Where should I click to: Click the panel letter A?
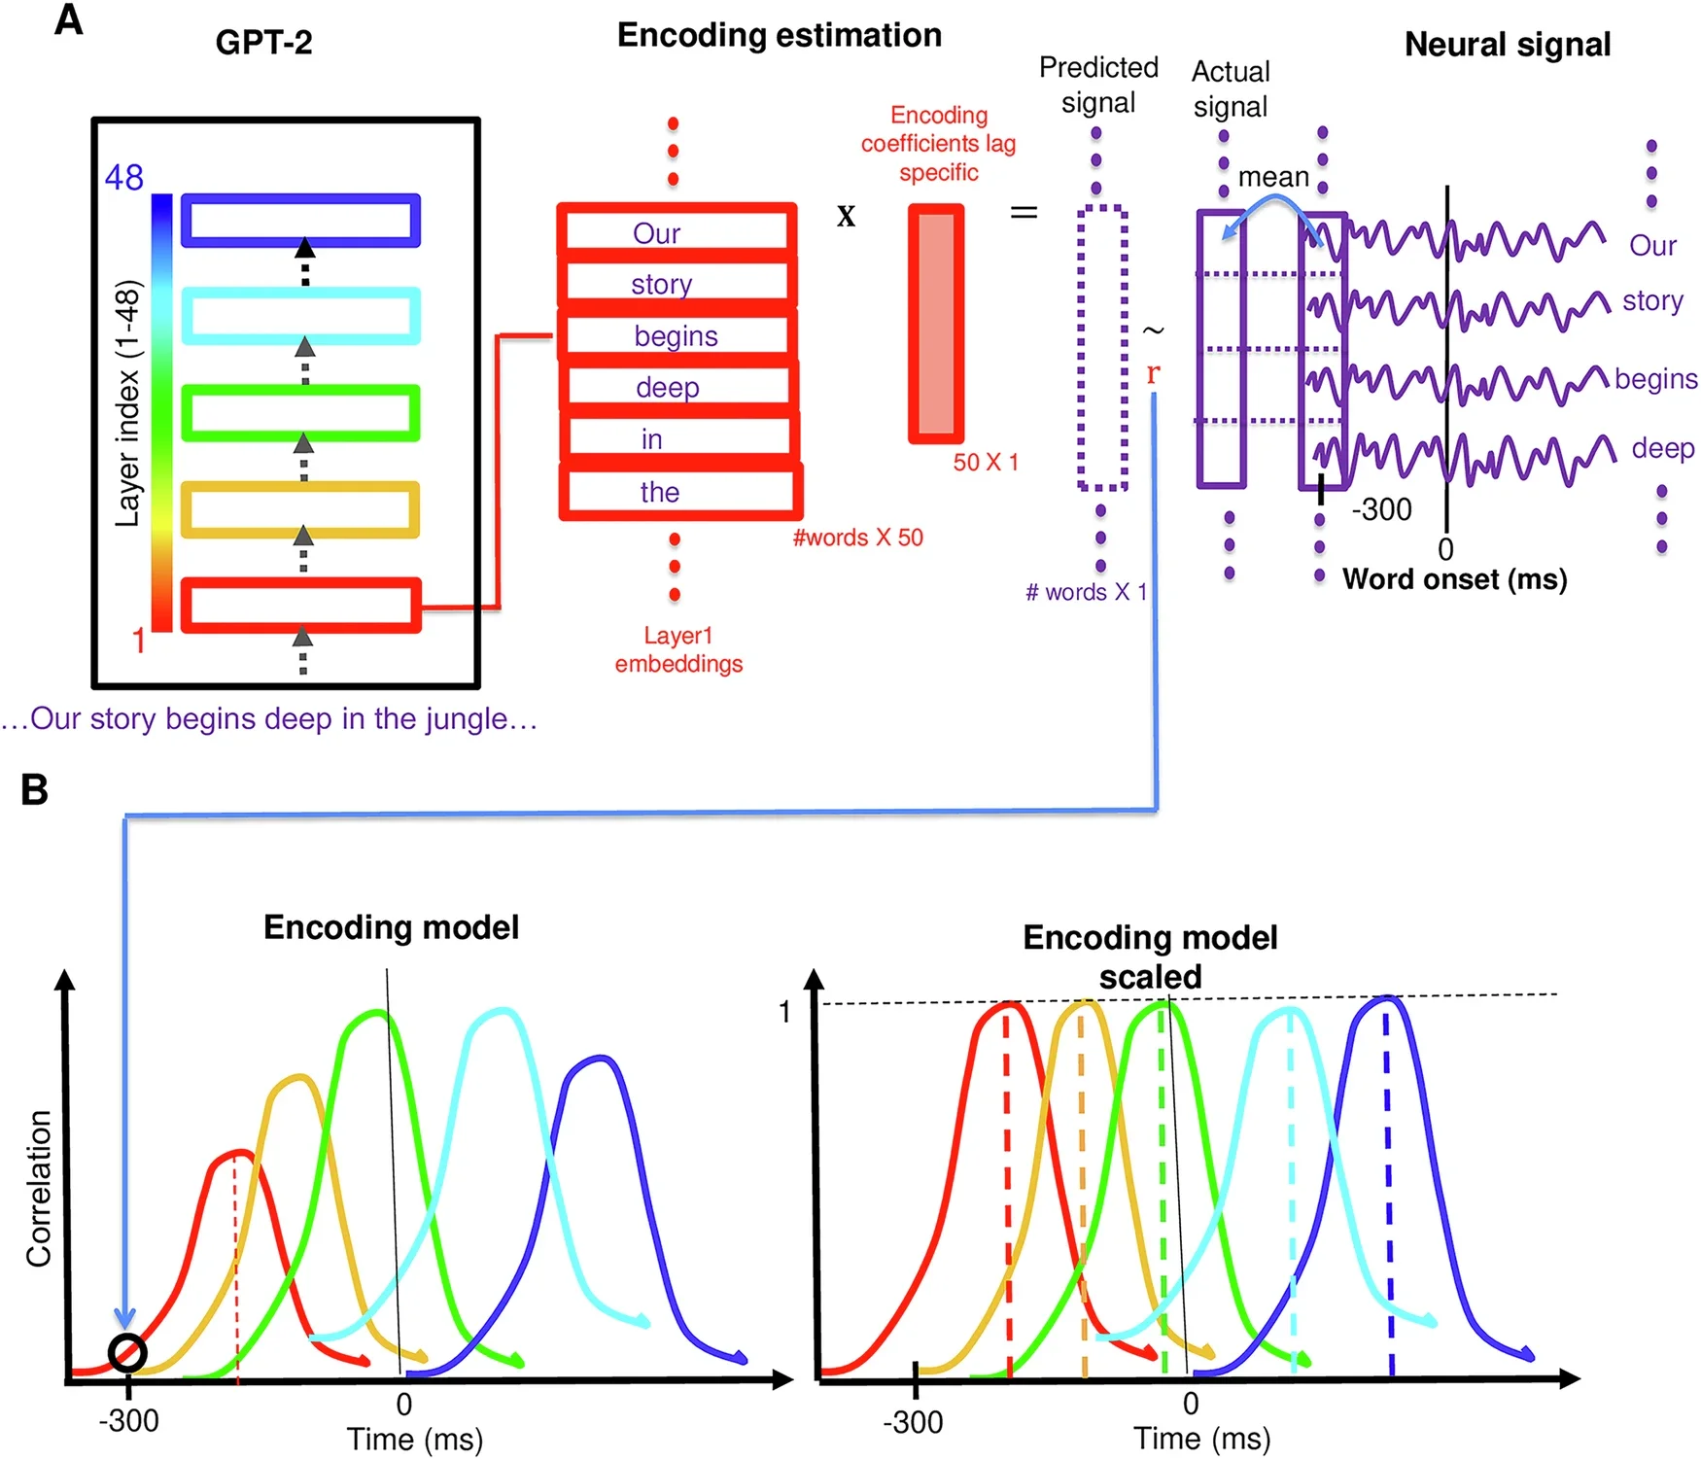68,19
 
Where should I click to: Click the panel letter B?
35,789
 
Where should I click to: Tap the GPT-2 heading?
263,43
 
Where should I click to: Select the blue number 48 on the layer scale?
123,178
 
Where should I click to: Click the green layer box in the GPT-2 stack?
300,413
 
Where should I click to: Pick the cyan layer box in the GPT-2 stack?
300,316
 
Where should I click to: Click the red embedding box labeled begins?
677,336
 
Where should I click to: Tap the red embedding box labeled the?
679,492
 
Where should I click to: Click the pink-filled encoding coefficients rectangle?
936,324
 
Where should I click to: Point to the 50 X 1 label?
985,463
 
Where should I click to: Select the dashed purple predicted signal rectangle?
1102,348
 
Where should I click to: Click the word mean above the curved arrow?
1273,177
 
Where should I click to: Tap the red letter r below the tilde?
1153,373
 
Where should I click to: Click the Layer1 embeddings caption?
678,649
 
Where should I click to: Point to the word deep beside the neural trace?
1662,448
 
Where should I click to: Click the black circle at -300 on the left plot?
127,1352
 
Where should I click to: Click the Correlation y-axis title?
39,1188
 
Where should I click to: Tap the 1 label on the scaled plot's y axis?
784,1013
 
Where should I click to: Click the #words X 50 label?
857,538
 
